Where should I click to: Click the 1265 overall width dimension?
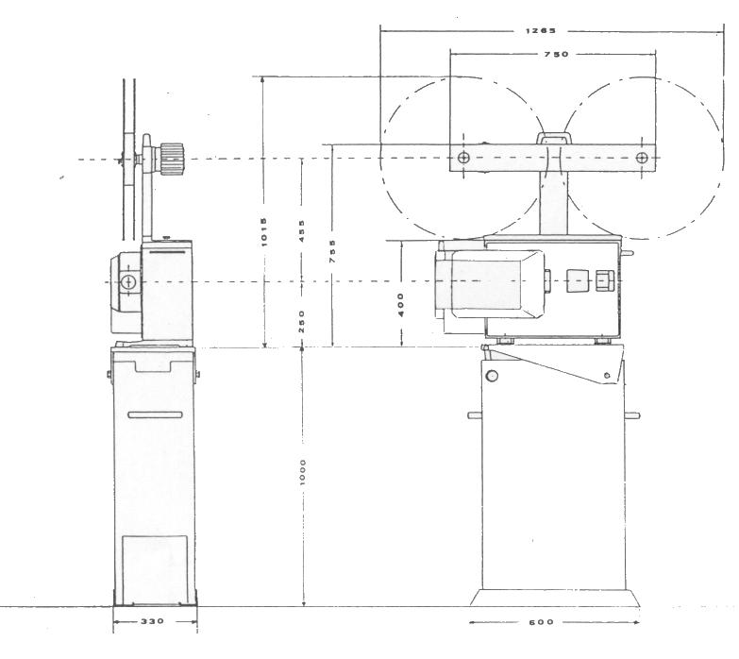coord(542,31)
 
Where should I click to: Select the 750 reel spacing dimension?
coord(556,56)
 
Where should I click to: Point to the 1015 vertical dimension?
coord(266,228)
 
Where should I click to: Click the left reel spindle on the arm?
coord(462,158)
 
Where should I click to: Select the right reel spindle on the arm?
coord(642,158)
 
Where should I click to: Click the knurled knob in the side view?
coord(171,159)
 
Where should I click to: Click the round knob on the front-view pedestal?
coord(491,377)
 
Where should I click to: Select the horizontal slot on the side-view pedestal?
coord(154,415)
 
